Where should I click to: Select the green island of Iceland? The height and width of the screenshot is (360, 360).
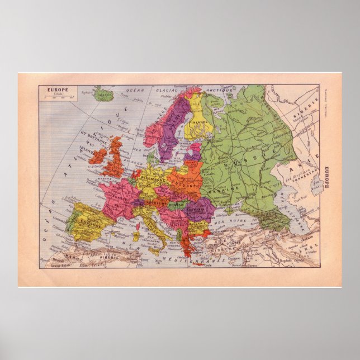103,93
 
